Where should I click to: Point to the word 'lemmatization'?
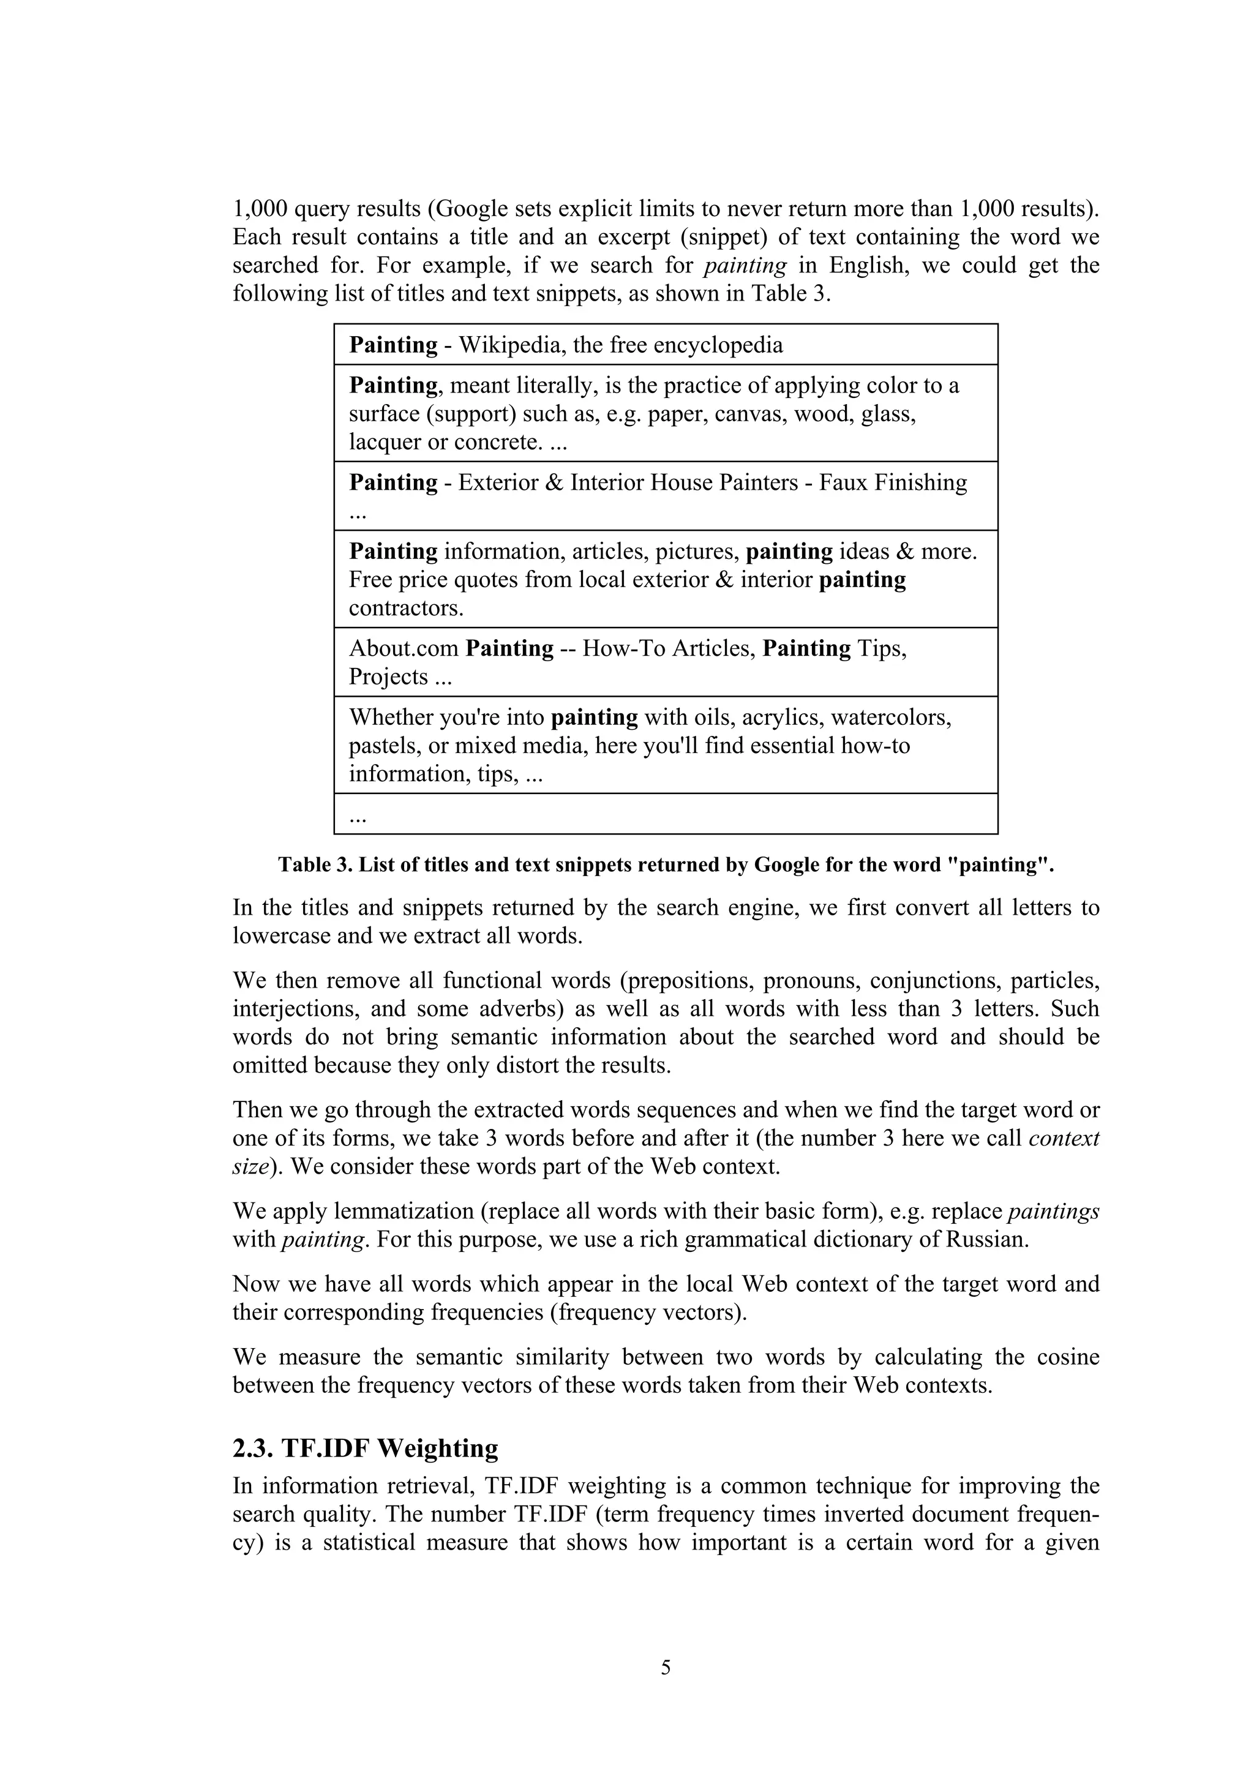402,1212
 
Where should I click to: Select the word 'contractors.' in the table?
406,609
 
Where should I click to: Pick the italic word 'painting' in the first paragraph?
746,266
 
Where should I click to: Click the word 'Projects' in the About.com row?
388,677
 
